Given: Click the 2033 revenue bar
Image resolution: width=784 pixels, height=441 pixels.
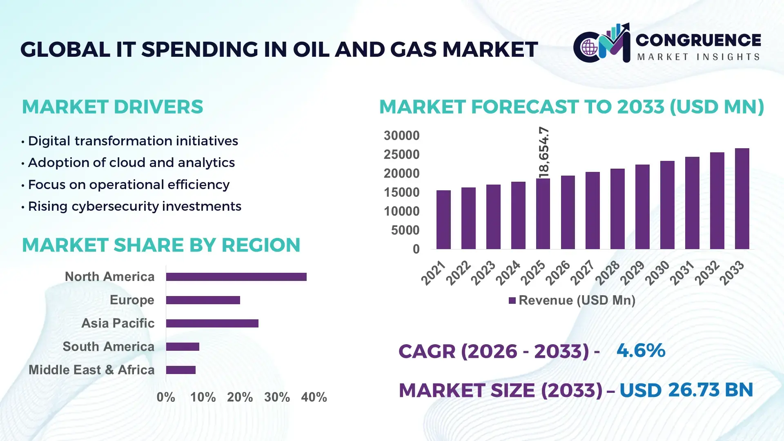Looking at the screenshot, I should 742,199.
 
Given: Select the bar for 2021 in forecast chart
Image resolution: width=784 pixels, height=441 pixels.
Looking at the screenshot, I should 443,220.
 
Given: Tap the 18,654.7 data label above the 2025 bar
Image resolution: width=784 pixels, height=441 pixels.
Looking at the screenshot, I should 544,152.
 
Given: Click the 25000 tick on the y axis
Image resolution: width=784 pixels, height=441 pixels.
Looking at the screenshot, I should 401,155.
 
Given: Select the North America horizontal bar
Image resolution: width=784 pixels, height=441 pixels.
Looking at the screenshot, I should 236,277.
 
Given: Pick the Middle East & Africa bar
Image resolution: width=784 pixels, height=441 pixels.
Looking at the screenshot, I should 180,370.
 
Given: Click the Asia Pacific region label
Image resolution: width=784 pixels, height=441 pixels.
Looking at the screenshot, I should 118,323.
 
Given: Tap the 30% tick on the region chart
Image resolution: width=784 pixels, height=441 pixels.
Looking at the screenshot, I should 277,397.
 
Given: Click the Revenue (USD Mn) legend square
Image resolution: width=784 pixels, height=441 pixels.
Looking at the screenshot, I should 512,301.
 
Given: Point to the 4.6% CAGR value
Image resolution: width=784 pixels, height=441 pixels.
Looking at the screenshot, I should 641,351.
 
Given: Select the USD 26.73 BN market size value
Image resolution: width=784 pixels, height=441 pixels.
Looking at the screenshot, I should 686,390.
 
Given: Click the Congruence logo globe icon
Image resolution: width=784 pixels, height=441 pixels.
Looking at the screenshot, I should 589,48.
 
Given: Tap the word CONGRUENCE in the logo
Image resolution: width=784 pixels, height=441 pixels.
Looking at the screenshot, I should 698,40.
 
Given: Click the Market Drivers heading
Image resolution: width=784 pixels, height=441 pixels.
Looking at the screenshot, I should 112,107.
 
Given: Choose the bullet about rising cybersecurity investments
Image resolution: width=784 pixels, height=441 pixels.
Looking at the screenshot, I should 134,207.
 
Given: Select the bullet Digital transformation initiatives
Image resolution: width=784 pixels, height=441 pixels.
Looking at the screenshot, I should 133,141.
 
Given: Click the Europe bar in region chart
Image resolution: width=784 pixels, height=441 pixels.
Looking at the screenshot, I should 203,300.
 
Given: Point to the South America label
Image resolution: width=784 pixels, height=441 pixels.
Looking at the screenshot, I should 109,347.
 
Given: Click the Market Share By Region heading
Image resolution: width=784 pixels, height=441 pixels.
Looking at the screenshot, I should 161,245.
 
